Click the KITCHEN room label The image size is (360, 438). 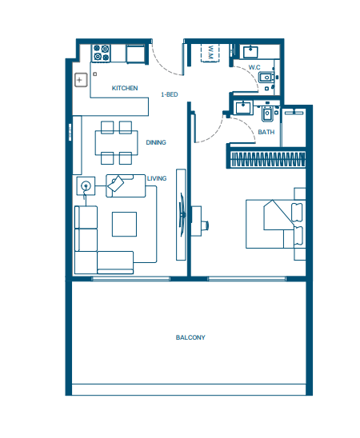click(125, 88)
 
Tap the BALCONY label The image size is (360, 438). click(190, 337)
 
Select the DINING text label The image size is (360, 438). click(156, 142)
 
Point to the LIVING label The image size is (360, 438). click(157, 178)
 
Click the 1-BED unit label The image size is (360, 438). click(170, 94)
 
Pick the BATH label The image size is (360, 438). click(266, 132)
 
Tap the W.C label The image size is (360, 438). click(254, 67)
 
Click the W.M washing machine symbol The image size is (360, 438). click(210, 53)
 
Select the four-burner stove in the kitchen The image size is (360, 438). click(102, 53)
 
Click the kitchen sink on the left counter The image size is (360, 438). click(81, 80)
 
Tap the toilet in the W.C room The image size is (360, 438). click(266, 77)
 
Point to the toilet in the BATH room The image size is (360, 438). click(267, 113)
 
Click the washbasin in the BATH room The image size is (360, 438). click(243, 107)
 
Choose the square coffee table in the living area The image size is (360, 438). click(124, 224)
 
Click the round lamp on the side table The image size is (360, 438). click(86, 185)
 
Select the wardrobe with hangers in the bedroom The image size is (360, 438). click(267, 159)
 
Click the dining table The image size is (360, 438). click(116, 143)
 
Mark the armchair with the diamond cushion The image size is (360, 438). click(126, 185)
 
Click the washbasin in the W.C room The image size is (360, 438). click(250, 52)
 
